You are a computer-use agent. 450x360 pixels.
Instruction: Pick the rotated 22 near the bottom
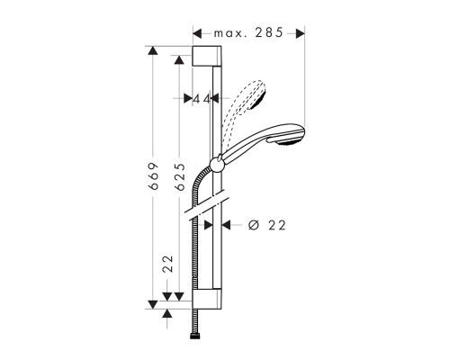click(167, 265)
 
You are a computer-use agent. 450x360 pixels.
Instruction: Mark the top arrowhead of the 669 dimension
click(152, 50)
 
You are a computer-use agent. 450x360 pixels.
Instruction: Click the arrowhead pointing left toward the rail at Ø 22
click(226, 226)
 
